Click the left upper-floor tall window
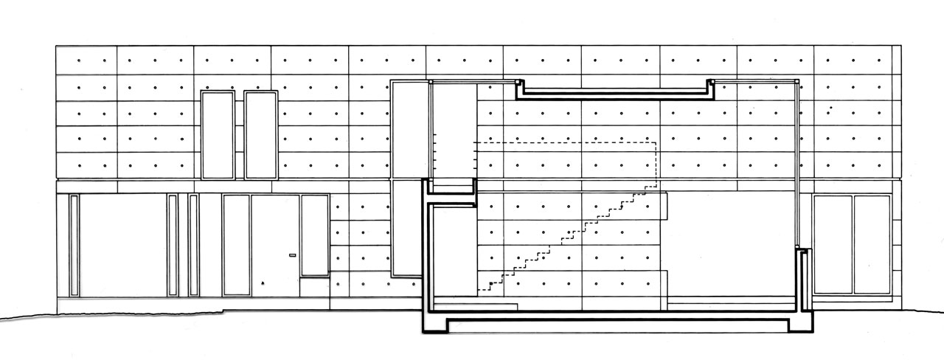tap(218, 135)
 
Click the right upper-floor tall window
tap(260, 135)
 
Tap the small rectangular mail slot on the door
tap(292, 256)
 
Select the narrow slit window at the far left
tap(74, 245)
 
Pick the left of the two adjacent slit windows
tap(173, 245)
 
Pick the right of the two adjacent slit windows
tap(193, 245)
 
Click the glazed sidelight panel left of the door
tap(236, 245)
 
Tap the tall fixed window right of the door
tap(314, 235)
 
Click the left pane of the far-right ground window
tap(833, 245)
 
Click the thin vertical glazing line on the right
tap(797, 162)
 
